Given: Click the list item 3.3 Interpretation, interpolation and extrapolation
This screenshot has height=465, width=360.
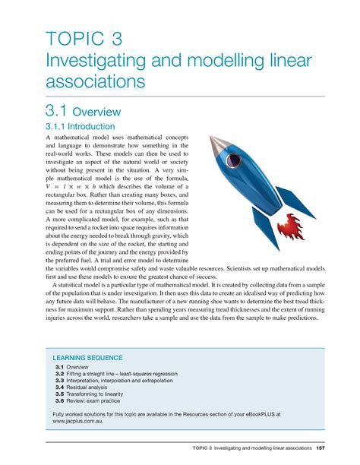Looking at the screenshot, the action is (x=122, y=382).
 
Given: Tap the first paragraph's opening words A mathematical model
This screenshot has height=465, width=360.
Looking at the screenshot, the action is (x=76, y=138).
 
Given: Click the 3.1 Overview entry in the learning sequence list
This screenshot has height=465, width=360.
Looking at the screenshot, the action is (x=72, y=367).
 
